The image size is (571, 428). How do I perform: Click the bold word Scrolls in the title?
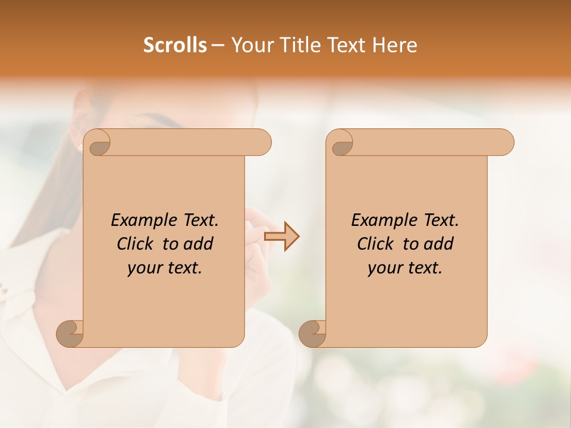coord(175,45)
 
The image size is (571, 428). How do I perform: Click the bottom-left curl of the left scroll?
coord(70,333)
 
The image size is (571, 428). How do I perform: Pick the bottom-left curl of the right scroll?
coord(312,333)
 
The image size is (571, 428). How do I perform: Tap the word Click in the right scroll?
coord(375,244)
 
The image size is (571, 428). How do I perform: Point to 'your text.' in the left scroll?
coord(165,267)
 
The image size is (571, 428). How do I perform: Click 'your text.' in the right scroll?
coord(405,267)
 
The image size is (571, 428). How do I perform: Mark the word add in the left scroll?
coord(199,244)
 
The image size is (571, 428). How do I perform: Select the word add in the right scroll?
coord(440,244)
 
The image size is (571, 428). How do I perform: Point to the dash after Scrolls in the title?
coord(218,46)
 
